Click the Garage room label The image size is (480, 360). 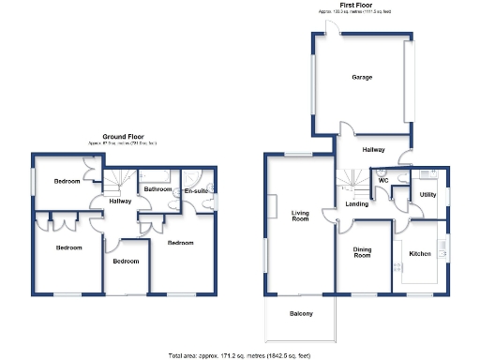(x=362, y=77)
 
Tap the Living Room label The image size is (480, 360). (x=300, y=217)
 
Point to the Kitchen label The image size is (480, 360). (x=419, y=253)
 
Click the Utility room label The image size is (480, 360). (x=427, y=194)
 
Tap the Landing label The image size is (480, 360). (x=356, y=203)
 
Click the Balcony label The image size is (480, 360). (x=300, y=313)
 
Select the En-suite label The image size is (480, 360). (x=195, y=191)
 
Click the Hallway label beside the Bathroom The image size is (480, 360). (x=119, y=201)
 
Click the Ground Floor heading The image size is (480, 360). (x=128, y=136)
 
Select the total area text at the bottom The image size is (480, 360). (x=240, y=355)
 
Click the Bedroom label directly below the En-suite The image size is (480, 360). (x=180, y=242)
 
